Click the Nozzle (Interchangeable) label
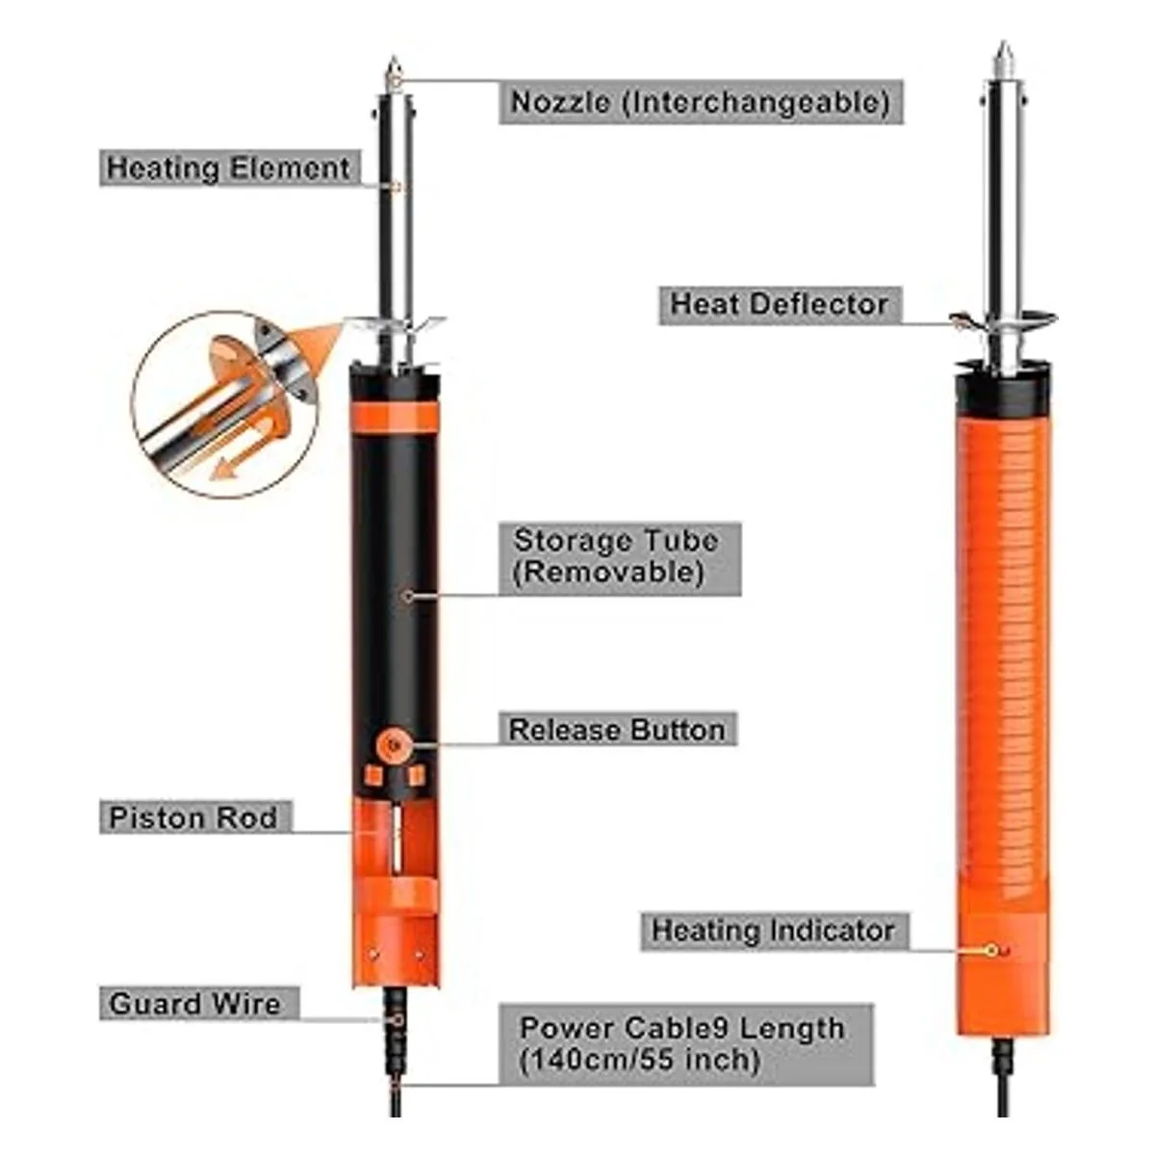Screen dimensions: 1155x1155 click(701, 102)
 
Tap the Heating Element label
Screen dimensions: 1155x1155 click(230, 167)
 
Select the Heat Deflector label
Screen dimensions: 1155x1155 click(781, 305)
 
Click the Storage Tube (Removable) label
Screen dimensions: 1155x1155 click(620, 558)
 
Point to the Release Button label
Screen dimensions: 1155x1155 click(618, 729)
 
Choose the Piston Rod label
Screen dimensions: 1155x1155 click(195, 816)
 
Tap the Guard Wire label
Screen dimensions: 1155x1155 click(198, 1003)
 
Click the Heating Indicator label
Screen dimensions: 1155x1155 click(774, 931)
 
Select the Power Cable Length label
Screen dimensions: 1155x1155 click(685, 1044)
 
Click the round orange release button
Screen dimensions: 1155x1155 click(394, 745)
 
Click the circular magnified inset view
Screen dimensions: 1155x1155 click(226, 404)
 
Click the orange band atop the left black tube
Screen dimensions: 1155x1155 click(395, 418)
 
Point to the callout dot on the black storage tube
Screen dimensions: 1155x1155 click(408, 596)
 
